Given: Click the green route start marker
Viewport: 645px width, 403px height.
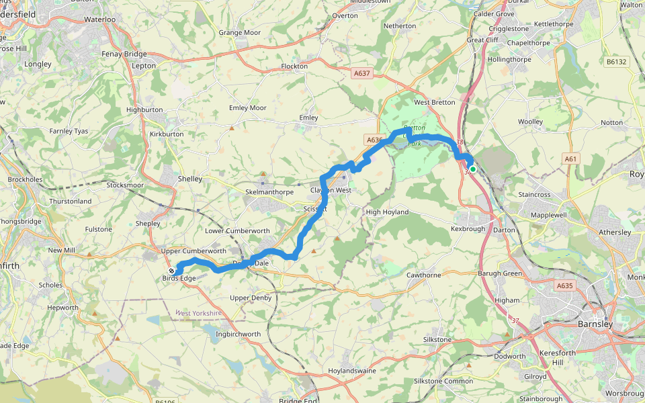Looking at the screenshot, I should click(472, 169).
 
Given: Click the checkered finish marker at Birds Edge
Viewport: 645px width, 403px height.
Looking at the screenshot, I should click(171, 271).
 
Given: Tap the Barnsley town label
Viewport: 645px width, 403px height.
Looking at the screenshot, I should click(595, 324).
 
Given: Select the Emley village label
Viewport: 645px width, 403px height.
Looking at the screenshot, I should click(308, 118).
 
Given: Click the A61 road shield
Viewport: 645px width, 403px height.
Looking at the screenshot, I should click(570, 159).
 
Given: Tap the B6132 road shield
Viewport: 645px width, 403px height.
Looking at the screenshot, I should click(615, 62).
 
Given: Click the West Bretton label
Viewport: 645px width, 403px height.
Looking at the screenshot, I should click(434, 103).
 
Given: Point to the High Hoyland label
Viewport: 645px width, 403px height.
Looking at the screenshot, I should click(386, 212).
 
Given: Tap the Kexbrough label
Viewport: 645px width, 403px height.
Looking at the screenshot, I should click(468, 230).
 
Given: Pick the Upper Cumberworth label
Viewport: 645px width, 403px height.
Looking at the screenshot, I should click(194, 251).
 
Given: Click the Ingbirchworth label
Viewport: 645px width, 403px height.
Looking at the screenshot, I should click(238, 334).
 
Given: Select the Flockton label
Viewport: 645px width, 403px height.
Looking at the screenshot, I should click(295, 66).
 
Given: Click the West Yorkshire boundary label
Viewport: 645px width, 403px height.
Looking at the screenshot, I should click(198, 314).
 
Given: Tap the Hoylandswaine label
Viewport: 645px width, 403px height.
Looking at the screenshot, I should click(352, 371).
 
